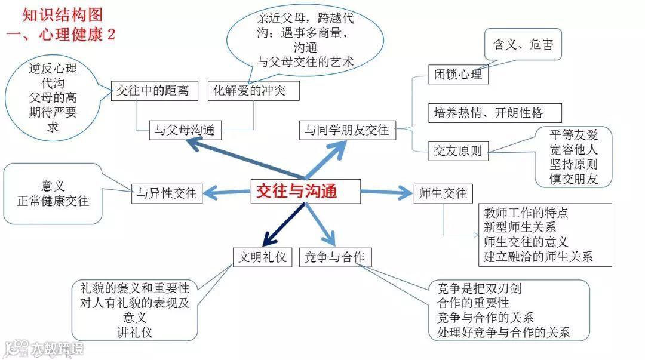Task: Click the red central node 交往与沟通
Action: [296, 190]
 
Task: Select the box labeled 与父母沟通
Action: [185, 129]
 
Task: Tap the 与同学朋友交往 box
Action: [346, 130]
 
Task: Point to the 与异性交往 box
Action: [167, 193]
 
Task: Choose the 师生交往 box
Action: [443, 193]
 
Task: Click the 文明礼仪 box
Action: [262, 257]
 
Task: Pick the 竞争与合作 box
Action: [334, 257]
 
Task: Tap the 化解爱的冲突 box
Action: [254, 91]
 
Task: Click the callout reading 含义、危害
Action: [523, 44]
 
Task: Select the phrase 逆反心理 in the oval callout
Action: [53, 68]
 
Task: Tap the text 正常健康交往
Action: [53, 201]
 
